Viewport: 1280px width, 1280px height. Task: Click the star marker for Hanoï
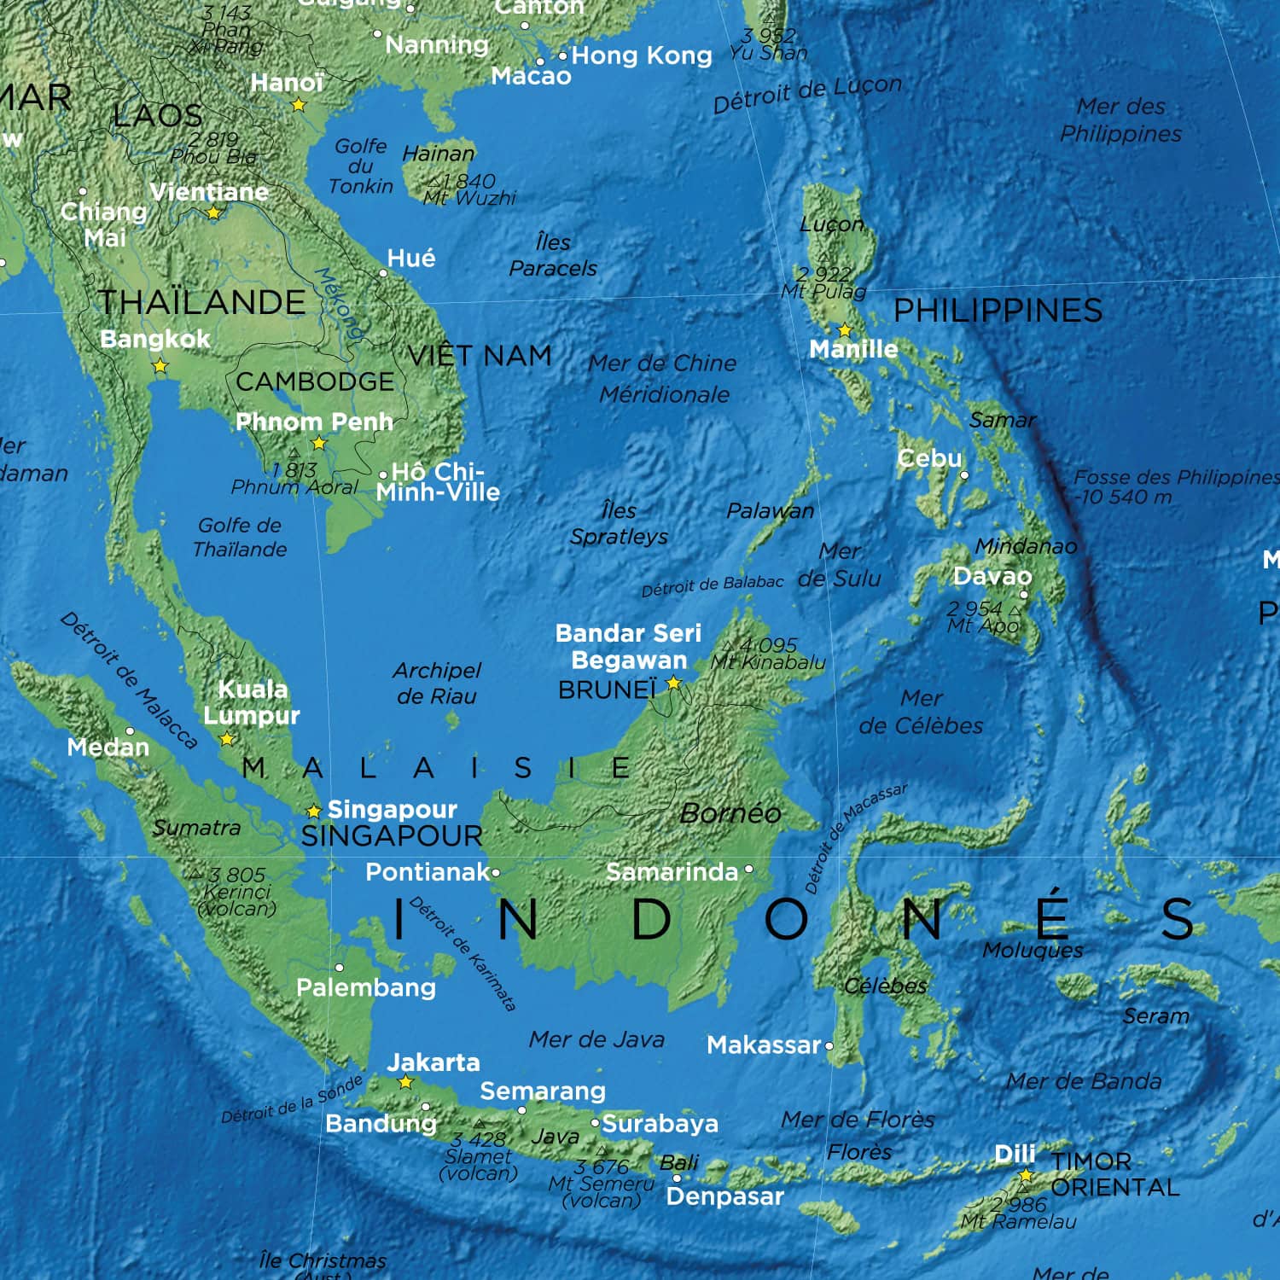tap(299, 105)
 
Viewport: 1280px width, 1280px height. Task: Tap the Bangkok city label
tap(154, 339)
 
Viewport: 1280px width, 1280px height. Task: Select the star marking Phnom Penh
tap(319, 444)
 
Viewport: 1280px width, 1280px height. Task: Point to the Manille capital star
tap(845, 329)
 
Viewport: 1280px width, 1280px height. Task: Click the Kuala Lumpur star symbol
tap(227, 739)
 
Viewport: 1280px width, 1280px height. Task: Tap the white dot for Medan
tap(130, 731)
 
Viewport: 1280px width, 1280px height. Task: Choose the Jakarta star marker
tap(406, 1083)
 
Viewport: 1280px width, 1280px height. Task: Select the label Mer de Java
tap(596, 1039)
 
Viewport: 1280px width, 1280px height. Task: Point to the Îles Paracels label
tap(553, 255)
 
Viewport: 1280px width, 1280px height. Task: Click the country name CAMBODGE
tap(315, 381)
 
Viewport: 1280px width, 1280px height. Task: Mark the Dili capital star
tap(1026, 1177)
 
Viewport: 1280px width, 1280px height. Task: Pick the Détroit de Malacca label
tap(128, 680)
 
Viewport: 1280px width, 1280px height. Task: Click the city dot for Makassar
tap(829, 1045)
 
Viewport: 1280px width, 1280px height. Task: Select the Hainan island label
tap(439, 154)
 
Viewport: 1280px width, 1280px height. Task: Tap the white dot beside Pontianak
tap(496, 872)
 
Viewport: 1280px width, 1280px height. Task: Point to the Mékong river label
tap(339, 303)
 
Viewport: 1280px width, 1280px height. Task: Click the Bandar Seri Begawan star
tap(673, 683)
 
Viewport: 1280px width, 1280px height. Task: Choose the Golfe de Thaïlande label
tap(240, 538)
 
